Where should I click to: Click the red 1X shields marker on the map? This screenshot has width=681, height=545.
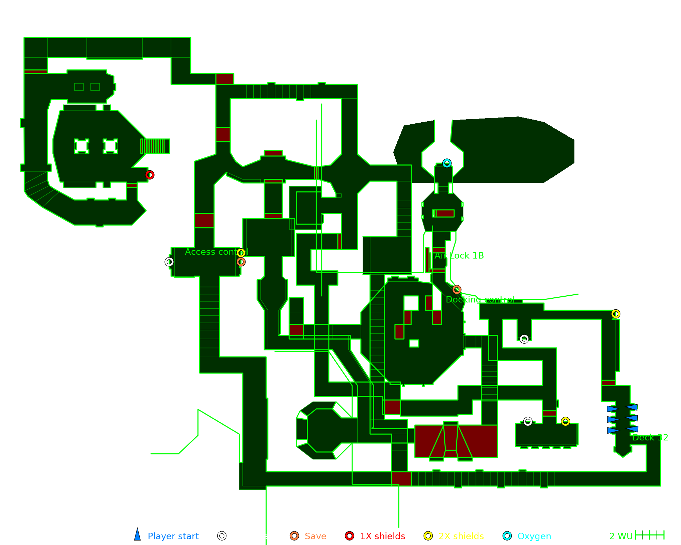pos(149,175)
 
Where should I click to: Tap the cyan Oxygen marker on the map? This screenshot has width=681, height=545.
pos(447,163)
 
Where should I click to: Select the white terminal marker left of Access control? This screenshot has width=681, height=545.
pos(169,262)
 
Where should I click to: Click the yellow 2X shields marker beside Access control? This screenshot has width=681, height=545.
pos(241,253)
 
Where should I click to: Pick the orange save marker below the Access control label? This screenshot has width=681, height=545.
pos(241,262)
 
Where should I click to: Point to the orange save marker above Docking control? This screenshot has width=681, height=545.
pos(457,290)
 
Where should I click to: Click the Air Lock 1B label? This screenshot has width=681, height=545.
pos(459,255)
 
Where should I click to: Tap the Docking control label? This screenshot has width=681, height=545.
pos(480,299)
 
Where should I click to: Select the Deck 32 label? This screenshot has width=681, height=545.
pos(650,437)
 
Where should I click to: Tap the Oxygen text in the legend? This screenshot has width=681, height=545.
pos(534,536)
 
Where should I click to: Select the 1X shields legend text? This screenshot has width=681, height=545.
pos(382,536)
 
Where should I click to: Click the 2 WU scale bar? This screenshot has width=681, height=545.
pos(649,535)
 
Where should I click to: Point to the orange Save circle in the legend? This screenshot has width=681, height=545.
pos(294,536)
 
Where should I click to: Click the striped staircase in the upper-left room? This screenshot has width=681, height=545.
pos(155,146)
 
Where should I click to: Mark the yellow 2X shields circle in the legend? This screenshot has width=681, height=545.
pos(428,536)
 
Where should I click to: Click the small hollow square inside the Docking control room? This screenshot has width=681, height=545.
pos(414,343)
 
